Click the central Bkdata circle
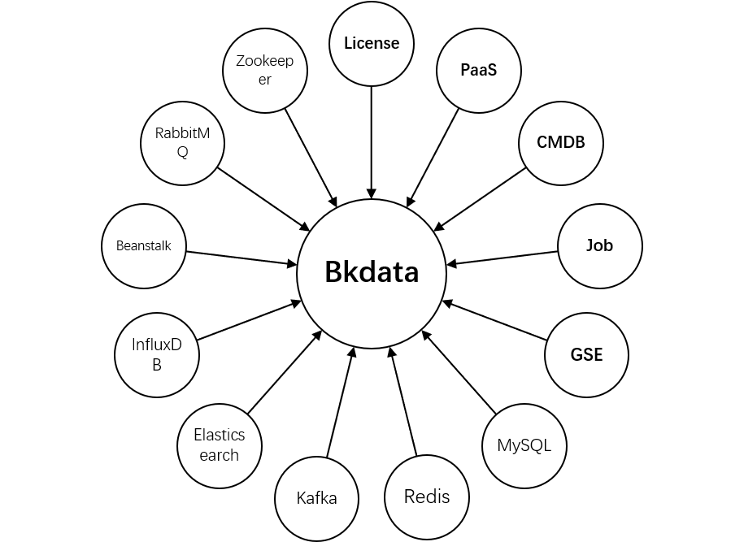click(x=372, y=273)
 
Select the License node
click(x=372, y=44)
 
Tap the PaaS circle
click(x=479, y=70)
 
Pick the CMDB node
click(x=560, y=143)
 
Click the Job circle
click(x=599, y=246)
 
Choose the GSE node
click(x=586, y=355)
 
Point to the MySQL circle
click(x=524, y=445)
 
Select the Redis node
click(x=427, y=496)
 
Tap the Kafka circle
click(x=316, y=498)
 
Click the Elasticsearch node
click(x=220, y=445)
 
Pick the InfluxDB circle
click(x=157, y=355)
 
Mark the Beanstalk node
click(x=144, y=246)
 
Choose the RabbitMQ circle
click(x=182, y=143)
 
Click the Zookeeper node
click(x=264, y=71)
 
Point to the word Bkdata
click(x=372, y=272)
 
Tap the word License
click(x=372, y=44)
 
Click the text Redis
click(x=427, y=496)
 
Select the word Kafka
click(x=316, y=498)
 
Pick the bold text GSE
click(x=586, y=355)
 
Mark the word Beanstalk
click(x=144, y=246)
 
